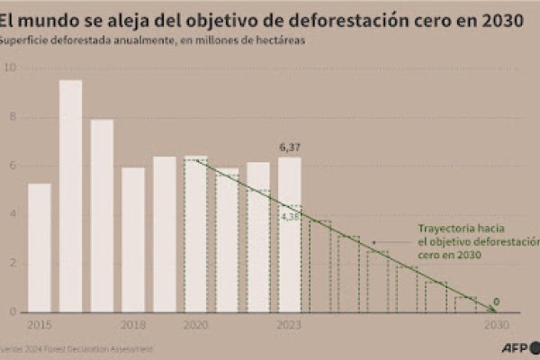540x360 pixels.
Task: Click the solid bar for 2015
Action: coord(40,247)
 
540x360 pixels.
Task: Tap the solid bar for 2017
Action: coord(102,216)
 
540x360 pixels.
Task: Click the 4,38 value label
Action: coord(289,217)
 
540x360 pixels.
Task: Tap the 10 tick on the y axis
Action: coord(10,67)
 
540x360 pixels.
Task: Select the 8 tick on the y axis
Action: coord(12,116)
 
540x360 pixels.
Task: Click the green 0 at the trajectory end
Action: coord(496,301)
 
